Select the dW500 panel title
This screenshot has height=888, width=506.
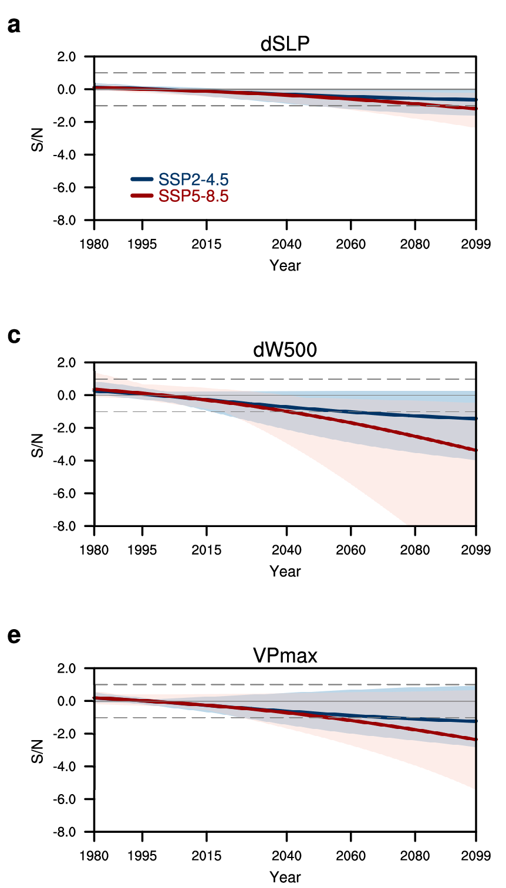tap(285, 350)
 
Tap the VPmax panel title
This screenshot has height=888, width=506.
tap(285, 656)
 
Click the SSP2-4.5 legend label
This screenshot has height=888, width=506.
tap(193, 180)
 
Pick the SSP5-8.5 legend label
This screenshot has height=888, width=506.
tap(193, 196)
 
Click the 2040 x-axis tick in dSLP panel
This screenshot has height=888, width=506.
tap(286, 244)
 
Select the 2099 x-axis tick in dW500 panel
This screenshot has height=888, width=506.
tap(475, 550)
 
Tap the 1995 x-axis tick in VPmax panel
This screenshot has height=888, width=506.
tap(142, 856)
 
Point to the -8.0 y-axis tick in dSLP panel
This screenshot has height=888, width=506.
tap(66, 221)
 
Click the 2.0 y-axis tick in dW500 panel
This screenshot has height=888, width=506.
tap(68, 363)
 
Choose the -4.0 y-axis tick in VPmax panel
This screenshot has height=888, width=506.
tap(66, 767)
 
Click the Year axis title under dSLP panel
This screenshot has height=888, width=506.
tap(285, 265)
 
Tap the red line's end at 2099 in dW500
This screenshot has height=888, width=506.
tap(475, 450)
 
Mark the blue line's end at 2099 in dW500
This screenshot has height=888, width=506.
tap(475, 418)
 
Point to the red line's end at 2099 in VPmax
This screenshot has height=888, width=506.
tap(475, 740)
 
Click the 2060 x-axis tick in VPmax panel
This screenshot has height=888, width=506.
tap(350, 856)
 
